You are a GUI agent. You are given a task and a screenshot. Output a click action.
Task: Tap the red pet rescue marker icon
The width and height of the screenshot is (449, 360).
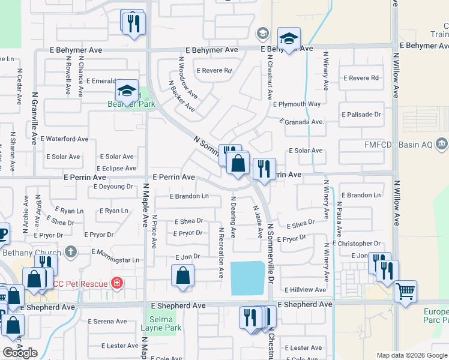(116, 283)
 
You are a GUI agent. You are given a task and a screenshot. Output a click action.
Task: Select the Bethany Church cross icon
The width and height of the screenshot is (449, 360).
(71, 251)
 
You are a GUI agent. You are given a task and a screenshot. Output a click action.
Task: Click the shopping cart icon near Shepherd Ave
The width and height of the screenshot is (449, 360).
(406, 292)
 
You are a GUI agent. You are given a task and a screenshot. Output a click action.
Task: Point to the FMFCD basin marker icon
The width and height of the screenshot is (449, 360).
(442, 143)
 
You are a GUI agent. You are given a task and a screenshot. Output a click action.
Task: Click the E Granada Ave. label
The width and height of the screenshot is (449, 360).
(302, 122)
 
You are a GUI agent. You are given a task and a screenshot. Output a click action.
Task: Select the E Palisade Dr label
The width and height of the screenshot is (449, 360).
(361, 114)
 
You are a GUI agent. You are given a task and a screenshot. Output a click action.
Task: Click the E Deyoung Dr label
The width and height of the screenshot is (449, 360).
(113, 187)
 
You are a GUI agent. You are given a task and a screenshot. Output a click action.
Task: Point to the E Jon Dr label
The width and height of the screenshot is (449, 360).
(187, 256)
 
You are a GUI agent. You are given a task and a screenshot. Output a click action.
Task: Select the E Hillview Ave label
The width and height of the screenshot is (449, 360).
(306, 289)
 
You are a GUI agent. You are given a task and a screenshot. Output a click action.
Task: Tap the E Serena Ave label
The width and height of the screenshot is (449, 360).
(107, 321)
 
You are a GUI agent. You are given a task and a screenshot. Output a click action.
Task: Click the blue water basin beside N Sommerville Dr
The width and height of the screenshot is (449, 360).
(249, 278)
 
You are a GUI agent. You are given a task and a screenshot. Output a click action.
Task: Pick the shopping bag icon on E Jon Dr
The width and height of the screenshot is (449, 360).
(183, 277)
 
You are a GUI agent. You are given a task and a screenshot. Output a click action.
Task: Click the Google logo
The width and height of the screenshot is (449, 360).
(20, 353)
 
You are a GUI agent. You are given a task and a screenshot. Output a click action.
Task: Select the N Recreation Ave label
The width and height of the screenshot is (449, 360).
(221, 252)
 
